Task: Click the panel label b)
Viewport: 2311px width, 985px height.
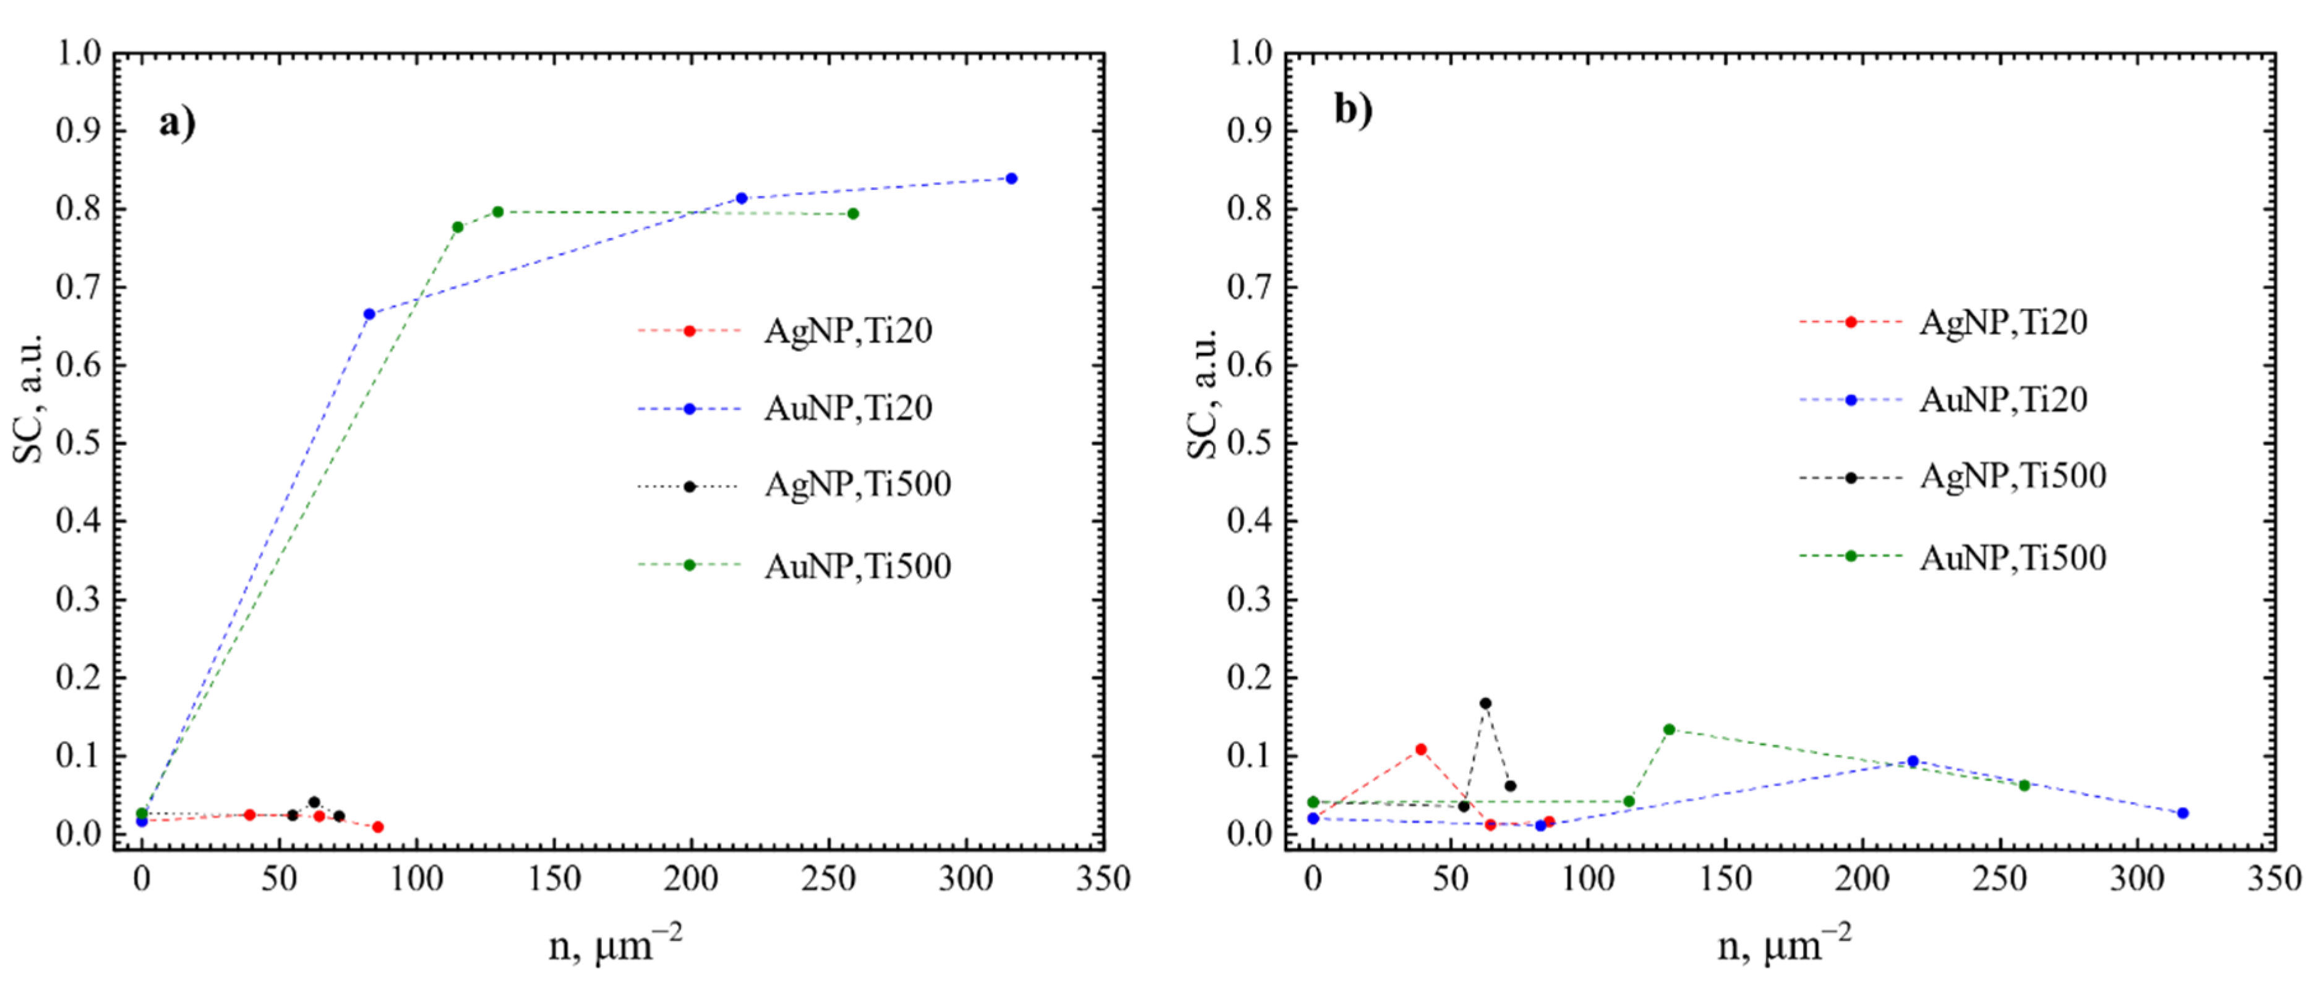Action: coord(1353,109)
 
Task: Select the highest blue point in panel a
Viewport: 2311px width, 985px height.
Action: coord(1011,179)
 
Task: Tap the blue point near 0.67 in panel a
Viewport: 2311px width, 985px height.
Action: coord(369,314)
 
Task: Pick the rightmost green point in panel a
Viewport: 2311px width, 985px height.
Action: coord(852,213)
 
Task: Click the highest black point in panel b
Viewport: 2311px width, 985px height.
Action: coord(1485,703)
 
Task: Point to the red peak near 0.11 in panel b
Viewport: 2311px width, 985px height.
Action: coord(1420,749)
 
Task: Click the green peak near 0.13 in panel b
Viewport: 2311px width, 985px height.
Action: coord(1669,730)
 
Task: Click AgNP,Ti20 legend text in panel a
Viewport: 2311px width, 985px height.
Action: coord(848,331)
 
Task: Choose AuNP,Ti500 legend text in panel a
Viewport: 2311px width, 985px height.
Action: coord(857,566)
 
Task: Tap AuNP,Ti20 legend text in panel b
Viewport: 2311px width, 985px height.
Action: coord(2002,399)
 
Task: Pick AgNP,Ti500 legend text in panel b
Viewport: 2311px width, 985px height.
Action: coord(2012,475)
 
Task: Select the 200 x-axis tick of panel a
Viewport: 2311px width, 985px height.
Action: coord(691,879)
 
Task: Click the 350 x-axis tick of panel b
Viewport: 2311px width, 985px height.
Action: coord(2273,879)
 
